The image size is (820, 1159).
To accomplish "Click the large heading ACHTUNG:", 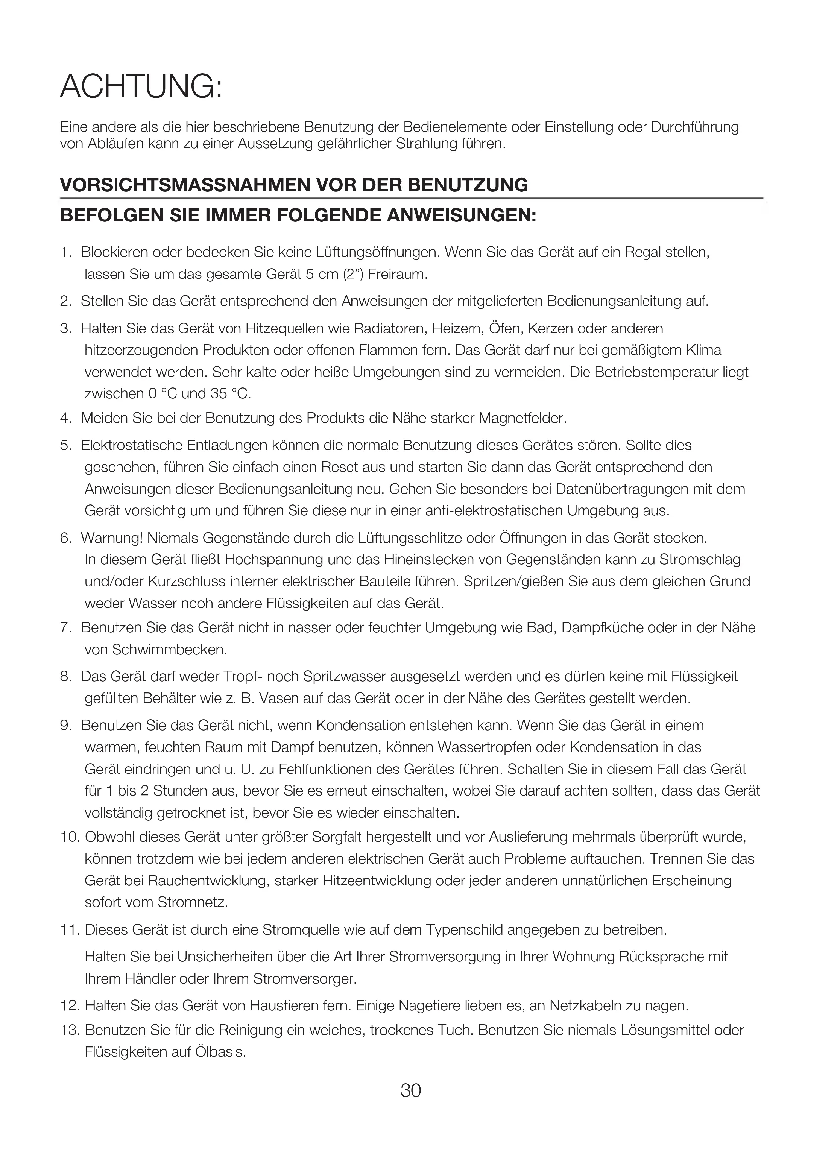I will pos(141,86).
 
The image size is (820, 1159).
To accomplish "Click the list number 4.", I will pos(64,418).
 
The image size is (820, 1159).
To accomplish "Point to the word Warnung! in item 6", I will pos(112,538).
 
